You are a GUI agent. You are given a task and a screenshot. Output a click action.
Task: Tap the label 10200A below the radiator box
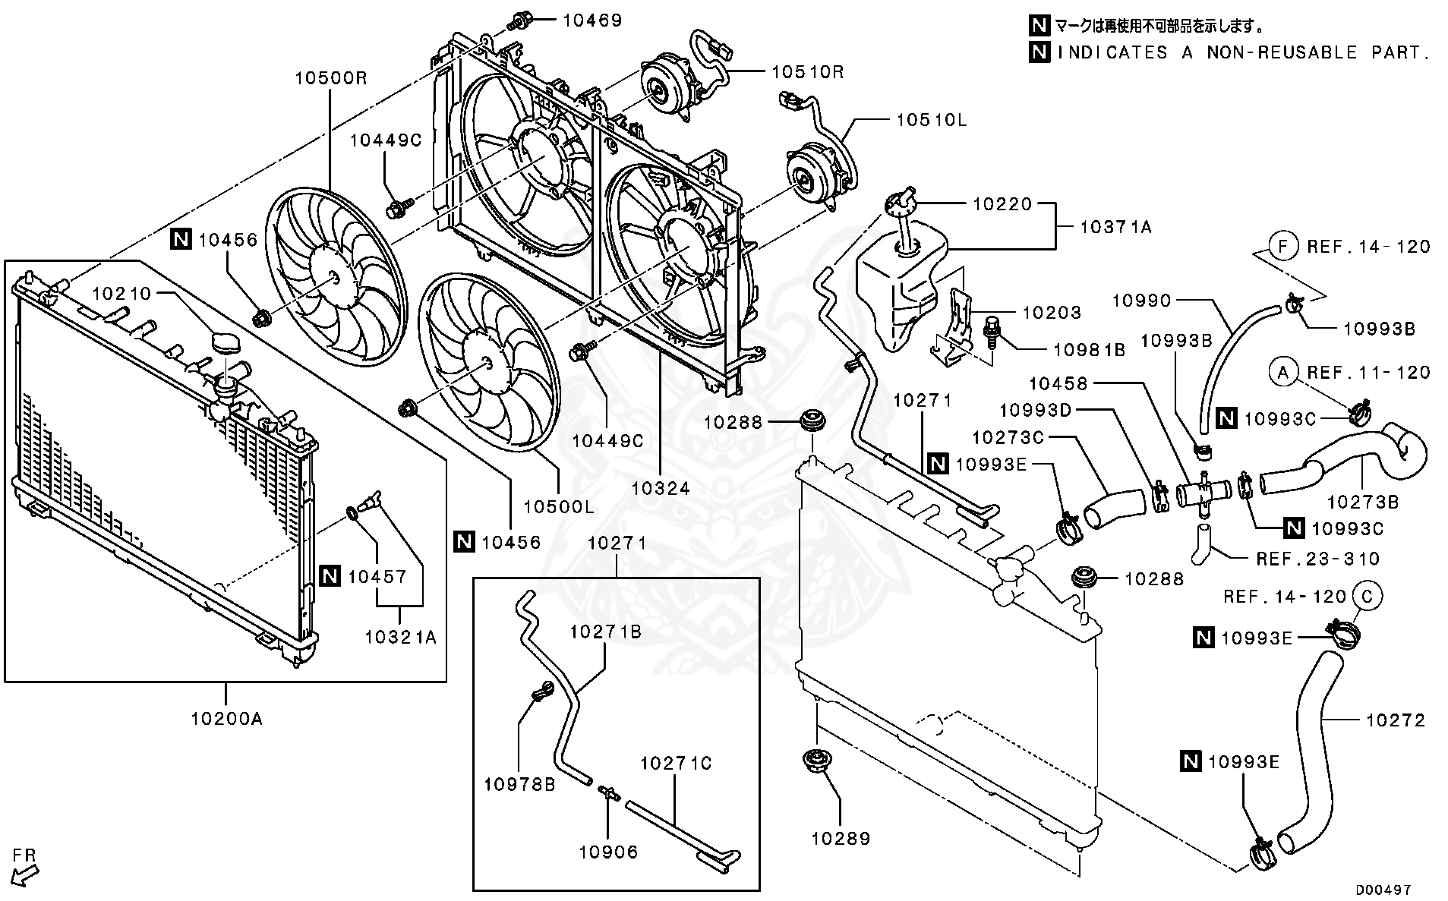coord(226,717)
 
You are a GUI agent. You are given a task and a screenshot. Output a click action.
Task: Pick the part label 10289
coord(841,838)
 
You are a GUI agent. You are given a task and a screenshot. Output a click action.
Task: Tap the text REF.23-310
coord(1317,559)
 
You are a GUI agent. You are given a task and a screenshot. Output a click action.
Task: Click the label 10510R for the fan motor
coord(807,72)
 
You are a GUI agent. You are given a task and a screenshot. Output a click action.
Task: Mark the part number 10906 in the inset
coord(608,852)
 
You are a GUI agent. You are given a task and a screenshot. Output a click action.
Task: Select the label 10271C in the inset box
coord(676,763)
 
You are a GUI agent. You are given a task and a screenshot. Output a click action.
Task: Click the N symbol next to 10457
coord(330,576)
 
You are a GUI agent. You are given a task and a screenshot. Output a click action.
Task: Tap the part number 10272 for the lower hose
coord(1396,720)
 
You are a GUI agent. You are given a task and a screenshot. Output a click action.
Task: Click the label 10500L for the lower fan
coord(558,506)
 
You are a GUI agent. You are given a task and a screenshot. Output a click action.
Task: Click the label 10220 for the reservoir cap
coord(1002,203)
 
